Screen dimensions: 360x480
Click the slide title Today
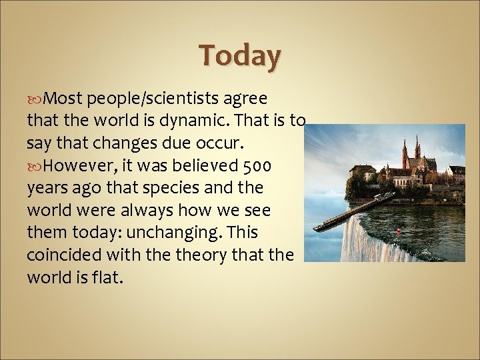point(241,56)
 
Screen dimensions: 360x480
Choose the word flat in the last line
point(108,277)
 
